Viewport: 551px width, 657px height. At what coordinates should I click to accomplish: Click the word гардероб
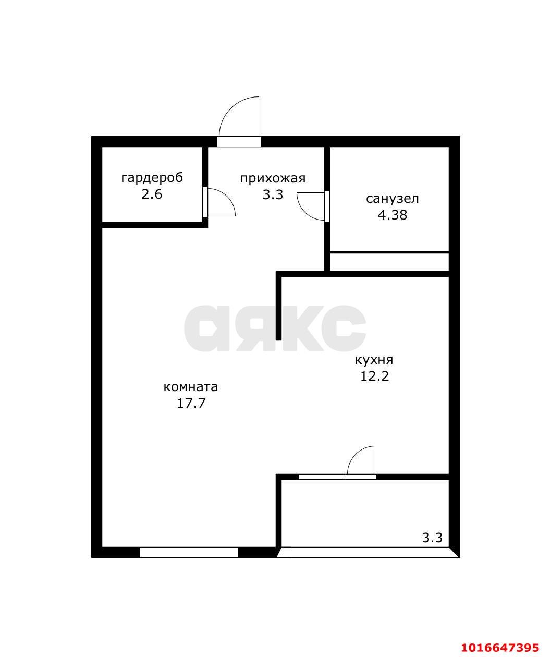(152, 178)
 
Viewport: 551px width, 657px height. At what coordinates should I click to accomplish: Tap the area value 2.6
(152, 194)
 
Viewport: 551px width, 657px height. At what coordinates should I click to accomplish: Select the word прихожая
(273, 179)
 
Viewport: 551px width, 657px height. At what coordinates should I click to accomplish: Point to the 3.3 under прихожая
(273, 195)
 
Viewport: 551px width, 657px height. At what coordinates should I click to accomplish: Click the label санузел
(393, 199)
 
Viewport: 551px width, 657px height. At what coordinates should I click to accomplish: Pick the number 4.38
(393, 215)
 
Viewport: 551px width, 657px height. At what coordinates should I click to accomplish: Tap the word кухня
(374, 360)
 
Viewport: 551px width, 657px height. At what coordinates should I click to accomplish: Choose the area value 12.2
(374, 376)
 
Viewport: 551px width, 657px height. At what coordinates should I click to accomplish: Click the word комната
(191, 387)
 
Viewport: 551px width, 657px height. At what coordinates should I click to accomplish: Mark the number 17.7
(191, 403)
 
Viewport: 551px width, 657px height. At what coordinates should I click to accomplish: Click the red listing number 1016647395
(500, 645)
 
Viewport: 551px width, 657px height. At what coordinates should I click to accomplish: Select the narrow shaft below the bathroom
(389, 261)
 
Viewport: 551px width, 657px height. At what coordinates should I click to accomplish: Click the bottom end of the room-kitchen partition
(278, 340)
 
